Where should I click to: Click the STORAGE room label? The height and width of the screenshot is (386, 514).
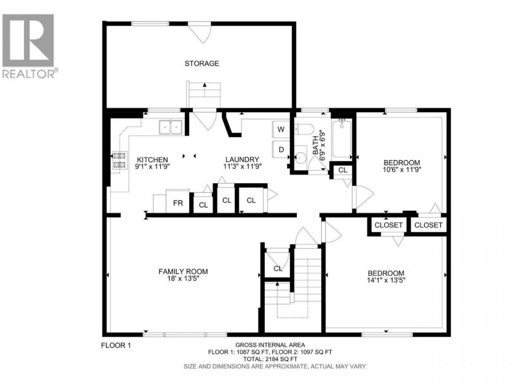tap(202, 63)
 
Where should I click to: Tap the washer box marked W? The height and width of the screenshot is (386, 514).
tap(281, 130)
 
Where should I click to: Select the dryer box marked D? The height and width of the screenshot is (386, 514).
tap(281, 149)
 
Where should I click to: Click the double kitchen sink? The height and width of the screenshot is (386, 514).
tap(171, 127)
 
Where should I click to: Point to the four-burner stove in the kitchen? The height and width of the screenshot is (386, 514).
tap(119, 160)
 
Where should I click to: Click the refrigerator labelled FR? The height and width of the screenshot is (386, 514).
tap(178, 201)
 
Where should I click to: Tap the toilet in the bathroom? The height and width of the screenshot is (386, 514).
tap(304, 129)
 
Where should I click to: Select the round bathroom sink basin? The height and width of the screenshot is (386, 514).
tap(300, 157)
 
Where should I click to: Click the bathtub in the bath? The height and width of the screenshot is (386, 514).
tap(342, 138)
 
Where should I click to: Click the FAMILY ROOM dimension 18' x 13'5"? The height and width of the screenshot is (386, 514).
tap(183, 279)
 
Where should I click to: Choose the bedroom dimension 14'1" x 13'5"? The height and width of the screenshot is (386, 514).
tap(386, 280)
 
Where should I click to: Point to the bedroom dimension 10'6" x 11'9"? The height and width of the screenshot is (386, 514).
tap(402, 170)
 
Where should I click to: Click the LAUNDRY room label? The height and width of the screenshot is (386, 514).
tap(242, 160)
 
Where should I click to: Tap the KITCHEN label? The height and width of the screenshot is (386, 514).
tap(152, 160)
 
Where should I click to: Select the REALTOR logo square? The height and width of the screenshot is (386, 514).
tap(28, 40)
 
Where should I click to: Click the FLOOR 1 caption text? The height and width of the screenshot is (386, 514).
tap(116, 345)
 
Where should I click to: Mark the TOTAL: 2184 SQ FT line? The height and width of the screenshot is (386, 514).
tap(270, 359)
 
